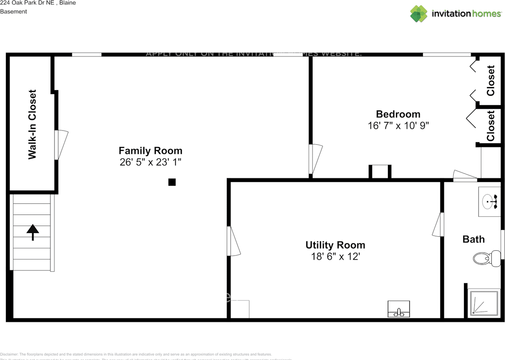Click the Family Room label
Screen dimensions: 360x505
coord(150,151)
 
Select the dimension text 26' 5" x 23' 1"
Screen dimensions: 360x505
coord(150,162)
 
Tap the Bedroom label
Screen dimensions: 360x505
coord(398,114)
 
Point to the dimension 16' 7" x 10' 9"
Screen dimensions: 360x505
coord(398,125)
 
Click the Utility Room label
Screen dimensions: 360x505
coord(335,245)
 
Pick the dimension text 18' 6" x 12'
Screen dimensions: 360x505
coord(335,256)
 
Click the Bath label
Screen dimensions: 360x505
coord(473,239)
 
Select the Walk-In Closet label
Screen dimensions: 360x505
coord(32,125)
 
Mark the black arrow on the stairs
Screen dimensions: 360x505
coord(33,232)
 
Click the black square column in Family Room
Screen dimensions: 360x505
coord(172,182)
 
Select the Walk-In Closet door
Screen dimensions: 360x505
coord(61,145)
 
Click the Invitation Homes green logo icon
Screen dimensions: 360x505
coord(419,14)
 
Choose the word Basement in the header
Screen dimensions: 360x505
coord(13,11)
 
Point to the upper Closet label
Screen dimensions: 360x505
coord(490,80)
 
